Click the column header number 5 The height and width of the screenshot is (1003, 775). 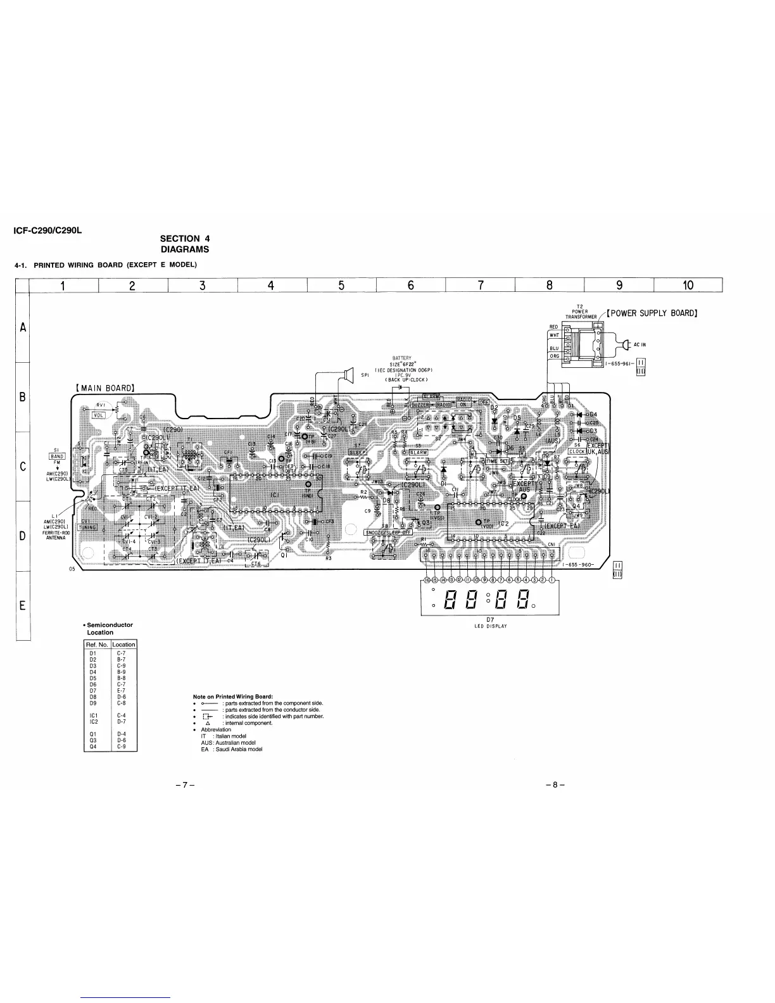[x=341, y=286]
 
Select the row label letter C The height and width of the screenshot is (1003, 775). [x=22, y=467]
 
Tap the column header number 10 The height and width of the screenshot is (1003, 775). [x=688, y=286]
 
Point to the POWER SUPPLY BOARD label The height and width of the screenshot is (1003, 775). [x=652, y=313]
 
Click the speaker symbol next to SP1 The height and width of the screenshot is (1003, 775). [x=346, y=377]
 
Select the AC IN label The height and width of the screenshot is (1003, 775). [x=640, y=344]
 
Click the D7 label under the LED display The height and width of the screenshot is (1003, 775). [x=489, y=619]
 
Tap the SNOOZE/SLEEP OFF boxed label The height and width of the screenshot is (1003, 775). [x=388, y=532]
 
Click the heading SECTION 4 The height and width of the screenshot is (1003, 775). [x=184, y=239]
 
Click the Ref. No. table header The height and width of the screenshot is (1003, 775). [x=98, y=644]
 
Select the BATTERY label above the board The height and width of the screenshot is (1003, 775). [x=402, y=358]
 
